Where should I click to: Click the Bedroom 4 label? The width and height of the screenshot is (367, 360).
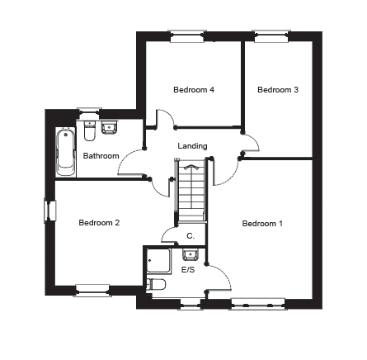(x=194, y=90)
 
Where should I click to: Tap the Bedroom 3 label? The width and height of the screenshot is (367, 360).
(x=278, y=90)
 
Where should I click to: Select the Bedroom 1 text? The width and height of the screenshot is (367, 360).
(x=262, y=224)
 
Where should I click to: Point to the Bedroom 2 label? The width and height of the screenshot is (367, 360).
(x=99, y=222)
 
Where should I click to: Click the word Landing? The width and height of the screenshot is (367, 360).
(x=192, y=146)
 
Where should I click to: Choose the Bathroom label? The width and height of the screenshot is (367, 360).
(x=101, y=156)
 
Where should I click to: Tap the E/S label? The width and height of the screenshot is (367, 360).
(x=188, y=270)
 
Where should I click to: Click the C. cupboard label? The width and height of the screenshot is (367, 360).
(x=191, y=236)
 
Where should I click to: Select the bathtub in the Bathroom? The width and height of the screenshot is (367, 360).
(x=66, y=152)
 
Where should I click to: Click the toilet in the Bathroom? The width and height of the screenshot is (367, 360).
(x=90, y=130)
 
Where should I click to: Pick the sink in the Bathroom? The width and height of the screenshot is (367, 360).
(x=110, y=127)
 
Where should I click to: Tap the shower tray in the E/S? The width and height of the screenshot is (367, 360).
(x=158, y=261)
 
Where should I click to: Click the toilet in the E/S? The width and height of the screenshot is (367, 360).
(x=156, y=284)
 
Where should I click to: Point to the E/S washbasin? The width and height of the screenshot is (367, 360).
(x=191, y=254)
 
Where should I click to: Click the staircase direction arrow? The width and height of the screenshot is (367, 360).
(x=191, y=167)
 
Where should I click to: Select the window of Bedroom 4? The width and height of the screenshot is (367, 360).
(x=187, y=36)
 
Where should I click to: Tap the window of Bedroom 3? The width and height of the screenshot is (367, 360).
(x=271, y=36)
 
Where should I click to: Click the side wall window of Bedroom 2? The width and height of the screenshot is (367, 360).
(x=50, y=211)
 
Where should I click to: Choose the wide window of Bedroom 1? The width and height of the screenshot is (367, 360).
(x=258, y=304)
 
